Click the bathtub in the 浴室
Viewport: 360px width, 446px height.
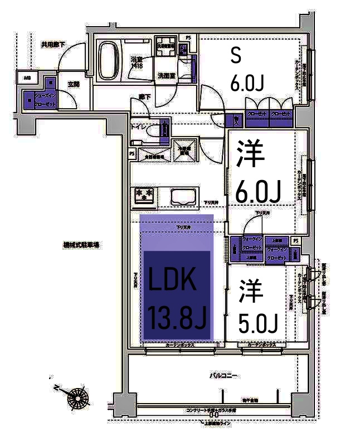pos(110,60)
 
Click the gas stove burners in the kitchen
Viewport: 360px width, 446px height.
pos(144,195)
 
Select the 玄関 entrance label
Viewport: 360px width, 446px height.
pos(73,84)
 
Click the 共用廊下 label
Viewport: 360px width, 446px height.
pos(53,44)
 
